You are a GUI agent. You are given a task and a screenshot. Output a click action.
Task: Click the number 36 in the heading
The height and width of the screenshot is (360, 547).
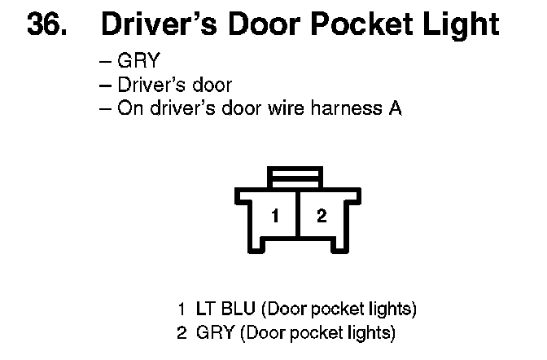(48, 25)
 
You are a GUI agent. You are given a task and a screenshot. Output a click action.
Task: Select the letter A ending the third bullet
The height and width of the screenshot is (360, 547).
(395, 107)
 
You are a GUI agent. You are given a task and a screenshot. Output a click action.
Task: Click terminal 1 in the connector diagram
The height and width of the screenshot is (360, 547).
(275, 216)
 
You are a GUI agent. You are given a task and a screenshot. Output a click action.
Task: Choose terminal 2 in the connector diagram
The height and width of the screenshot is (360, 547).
(322, 216)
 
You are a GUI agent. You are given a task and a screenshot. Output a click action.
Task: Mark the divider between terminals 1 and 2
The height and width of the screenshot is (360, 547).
(299, 216)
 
